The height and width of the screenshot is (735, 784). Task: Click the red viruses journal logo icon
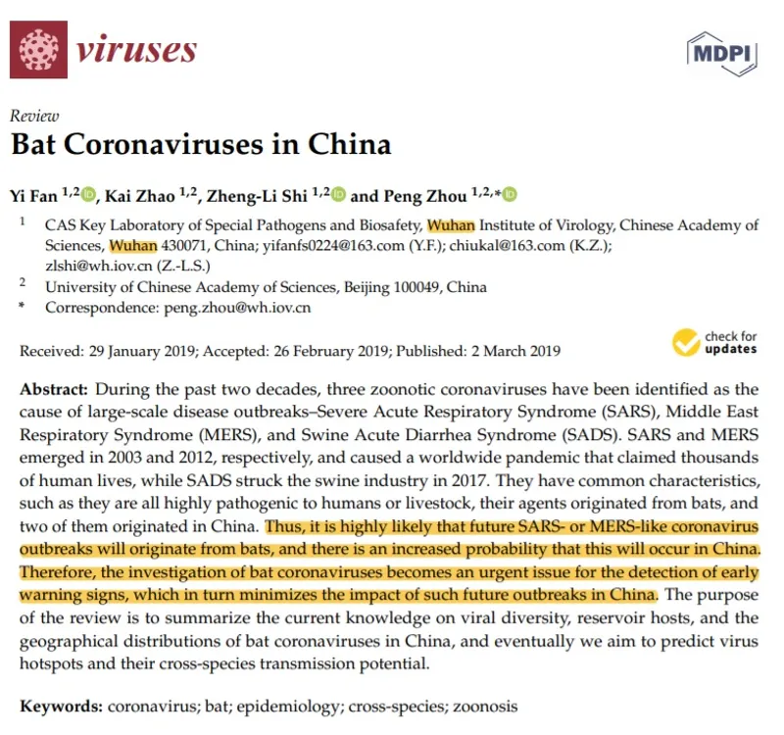pos(41,50)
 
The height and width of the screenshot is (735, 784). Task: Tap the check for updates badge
pos(716,342)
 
